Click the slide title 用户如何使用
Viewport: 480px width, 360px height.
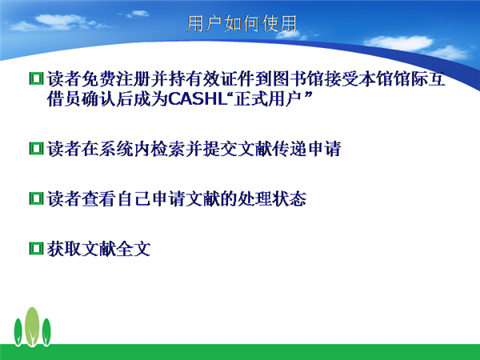tap(242, 23)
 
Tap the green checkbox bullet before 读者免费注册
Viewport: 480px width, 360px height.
tap(36, 78)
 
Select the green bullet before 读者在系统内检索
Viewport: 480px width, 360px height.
tap(36, 149)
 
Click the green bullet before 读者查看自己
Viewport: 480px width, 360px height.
tap(36, 198)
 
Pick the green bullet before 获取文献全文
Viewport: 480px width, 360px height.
tap(36, 248)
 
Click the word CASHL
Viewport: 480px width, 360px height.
tap(198, 98)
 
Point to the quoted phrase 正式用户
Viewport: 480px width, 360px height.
tap(269, 98)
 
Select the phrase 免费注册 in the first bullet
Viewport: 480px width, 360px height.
tap(116, 79)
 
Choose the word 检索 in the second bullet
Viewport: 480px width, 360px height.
tap(168, 149)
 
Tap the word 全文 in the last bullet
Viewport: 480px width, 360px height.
tap(134, 249)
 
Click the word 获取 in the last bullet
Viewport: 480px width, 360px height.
tap(64, 249)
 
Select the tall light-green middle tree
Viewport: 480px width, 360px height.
tap(32, 326)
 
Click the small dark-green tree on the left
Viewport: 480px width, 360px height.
tap(18, 332)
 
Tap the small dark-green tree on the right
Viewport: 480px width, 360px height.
tap(46, 332)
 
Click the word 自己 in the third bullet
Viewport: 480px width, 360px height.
tap(134, 199)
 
